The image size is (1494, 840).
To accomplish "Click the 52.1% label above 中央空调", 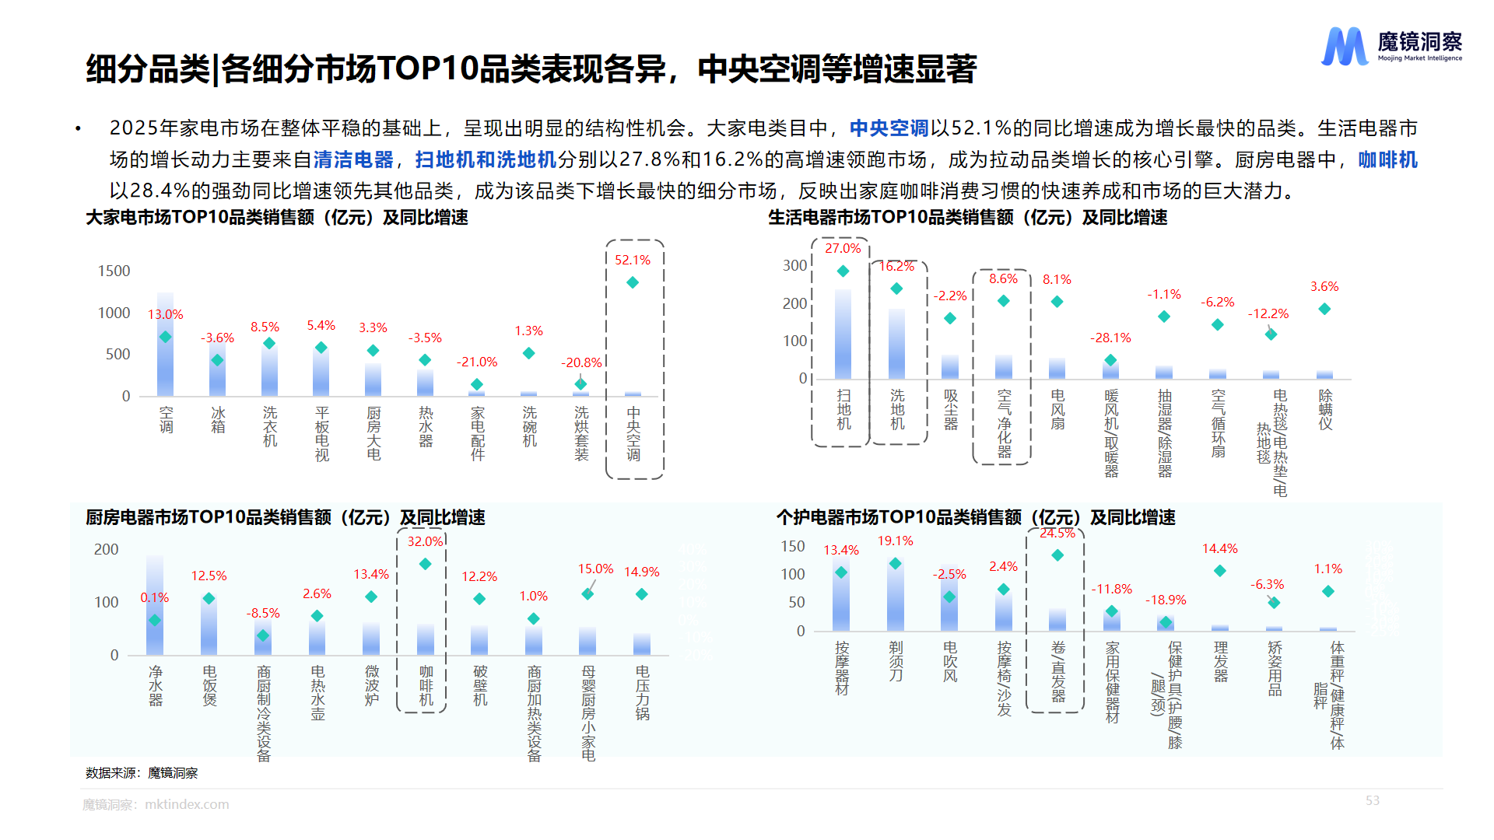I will pyautogui.click(x=632, y=260).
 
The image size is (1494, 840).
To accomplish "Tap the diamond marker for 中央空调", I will pyautogui.click(x=633, y=282).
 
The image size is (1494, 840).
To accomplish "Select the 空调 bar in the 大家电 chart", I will pyautogui.click(x=165, y=346).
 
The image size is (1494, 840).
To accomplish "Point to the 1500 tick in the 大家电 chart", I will pyautogui.click(x=114, y=271).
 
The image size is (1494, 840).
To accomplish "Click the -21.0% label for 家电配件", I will pyautogui.click(x=476, y=362).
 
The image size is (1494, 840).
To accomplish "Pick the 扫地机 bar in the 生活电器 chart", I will pyautogui.click(x=843, y=334).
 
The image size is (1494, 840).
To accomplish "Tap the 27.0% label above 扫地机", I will pyautogui.click(x=843, y=248).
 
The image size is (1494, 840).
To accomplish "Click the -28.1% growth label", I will pyautogui.click(x=1110, y=338).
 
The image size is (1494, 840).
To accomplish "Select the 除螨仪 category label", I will pyautogui.click(x=1325, y=410).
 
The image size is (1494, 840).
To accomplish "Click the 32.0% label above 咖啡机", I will pyautogui.click(x=425, y=541).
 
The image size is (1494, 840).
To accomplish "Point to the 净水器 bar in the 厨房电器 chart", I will pyautogui.click(x=155, y=607).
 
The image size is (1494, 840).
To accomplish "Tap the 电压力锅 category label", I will pyautogui.click(x=642, y=692).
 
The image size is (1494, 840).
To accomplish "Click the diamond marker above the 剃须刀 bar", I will pyautogui.click(x=895, y=563).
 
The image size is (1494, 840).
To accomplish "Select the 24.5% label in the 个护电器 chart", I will pyautogui.click(x=1057, y=534).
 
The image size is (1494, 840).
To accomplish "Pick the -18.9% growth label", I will pyautogui.click(x=1165, y=600).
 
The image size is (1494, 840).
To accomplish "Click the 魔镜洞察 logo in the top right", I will pyautogui.click(x=1391, y=47).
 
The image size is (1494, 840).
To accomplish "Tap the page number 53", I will pyautogui.click(x=1372, y=800).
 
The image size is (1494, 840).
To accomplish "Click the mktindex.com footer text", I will pyautogui.click(x=187, y=804).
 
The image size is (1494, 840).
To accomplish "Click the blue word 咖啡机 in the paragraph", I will pyautogui.click(x=1387, y=159).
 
